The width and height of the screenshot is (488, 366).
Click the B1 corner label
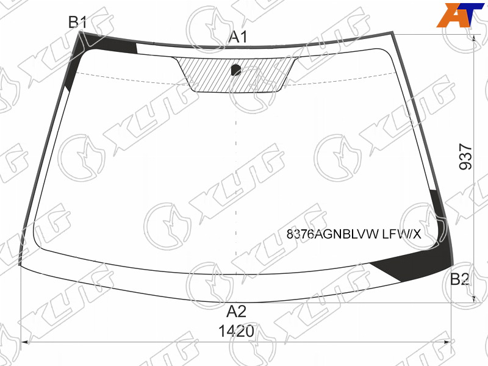coord(77,22)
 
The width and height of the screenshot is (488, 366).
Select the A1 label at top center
coord(238,37)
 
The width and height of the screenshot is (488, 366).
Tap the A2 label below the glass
coord(237,312)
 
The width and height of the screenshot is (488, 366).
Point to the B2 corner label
coord(460,279)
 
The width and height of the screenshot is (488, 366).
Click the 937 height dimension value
coord(466,156)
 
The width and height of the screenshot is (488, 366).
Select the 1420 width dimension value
coord(236,331)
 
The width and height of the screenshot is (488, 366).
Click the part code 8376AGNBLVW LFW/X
coord(354,234)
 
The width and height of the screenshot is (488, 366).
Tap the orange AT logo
coord(461,15)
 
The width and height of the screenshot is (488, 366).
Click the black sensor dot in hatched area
coord(236,70)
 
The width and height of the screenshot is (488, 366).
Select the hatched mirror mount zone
coord(235,74)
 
